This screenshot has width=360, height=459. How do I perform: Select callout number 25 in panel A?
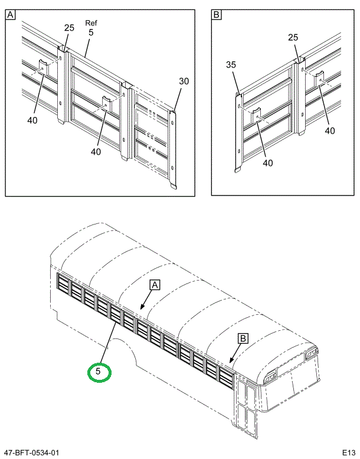point(69,28)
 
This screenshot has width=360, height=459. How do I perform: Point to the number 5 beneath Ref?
point(91,33)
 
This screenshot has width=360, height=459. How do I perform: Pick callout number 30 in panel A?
point(184,82)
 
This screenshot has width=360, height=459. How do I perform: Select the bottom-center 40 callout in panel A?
point(96,152)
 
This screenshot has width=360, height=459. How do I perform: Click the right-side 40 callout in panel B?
point(330,131)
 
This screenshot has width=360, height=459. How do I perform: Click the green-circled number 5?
point(99,372)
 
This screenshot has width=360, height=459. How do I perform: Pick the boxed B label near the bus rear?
point(242,338)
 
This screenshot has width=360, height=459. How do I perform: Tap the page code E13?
point(347,453)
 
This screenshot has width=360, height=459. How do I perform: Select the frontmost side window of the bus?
point(62,284)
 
